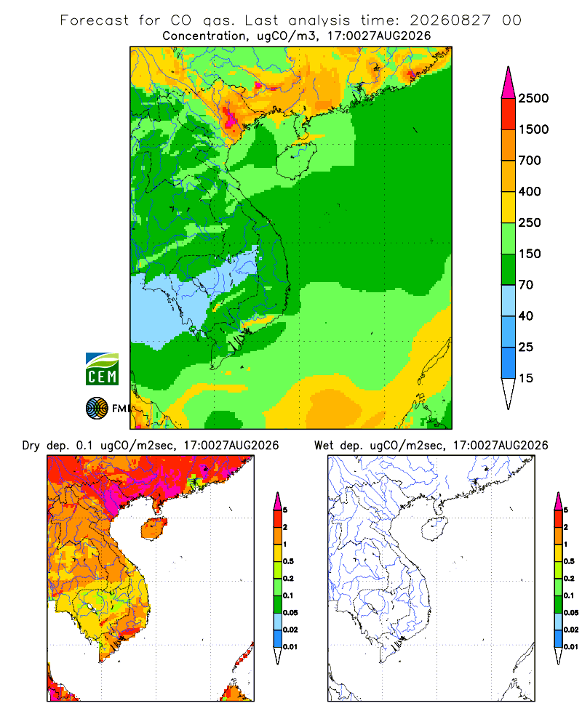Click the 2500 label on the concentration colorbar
[533, 98]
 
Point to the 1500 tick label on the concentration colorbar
[533, 129]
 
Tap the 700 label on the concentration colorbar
[530, 161]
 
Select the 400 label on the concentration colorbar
[530, 191]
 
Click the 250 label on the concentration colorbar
[530, 222]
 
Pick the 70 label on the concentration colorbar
[526, 285]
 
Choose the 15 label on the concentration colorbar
[526, 378]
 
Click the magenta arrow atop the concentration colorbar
[509, 84]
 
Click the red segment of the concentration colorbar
[509, 114]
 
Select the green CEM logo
[102, 369]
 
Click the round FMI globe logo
[97, 409]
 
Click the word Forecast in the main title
[95, 20]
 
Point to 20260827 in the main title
[450, 20]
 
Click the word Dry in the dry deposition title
[31, 446]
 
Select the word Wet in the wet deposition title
[324, 446]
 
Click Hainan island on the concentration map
[296, 160]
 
